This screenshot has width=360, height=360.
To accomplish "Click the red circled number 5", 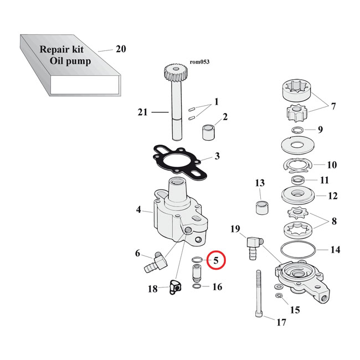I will [x=217, y=259].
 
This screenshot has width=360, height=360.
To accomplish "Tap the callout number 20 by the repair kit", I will [x=121, y=49].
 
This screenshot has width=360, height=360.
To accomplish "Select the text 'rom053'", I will [x=199, y=62].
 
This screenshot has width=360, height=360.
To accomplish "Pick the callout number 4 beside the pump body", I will [x=139, y=210].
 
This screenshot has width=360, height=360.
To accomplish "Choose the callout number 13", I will [x=260, y=183].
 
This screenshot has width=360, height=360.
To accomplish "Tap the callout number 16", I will [x=217, y=286].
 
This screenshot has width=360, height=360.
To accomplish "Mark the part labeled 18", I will [x=176, y=287].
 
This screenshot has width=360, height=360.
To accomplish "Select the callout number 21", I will [x=142, y=112].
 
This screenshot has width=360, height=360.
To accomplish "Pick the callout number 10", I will [x=332, y=164].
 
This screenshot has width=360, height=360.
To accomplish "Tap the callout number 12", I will [x=332, y=196].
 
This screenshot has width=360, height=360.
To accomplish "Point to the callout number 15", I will [x=295, y=310].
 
